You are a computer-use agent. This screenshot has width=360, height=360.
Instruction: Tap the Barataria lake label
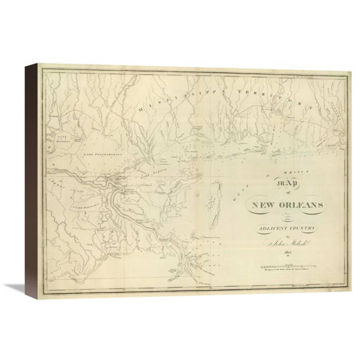[x=82, y=207]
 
